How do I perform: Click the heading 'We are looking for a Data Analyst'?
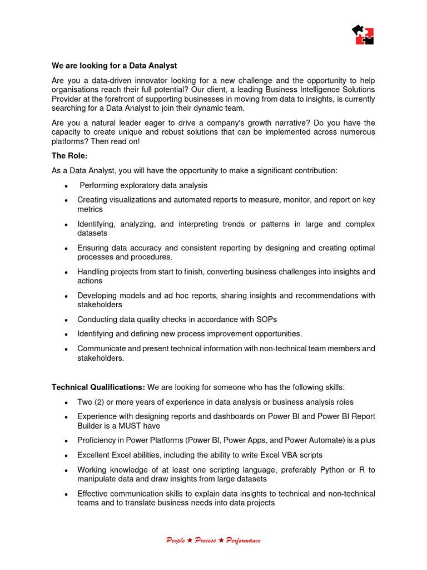click(x=114, y=66)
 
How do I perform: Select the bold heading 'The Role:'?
click(x=70, y=156)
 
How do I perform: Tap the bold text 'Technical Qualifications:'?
click(x=98, y=387)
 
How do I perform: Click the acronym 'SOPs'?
click(x=266, y=320)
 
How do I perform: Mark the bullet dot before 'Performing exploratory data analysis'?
click(x=66, y=186)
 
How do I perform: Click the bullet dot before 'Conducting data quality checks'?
click(x=66, y=320)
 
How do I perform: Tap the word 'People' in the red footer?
click(x=175, y=540)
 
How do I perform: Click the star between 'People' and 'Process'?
click(x=190, y=540)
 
